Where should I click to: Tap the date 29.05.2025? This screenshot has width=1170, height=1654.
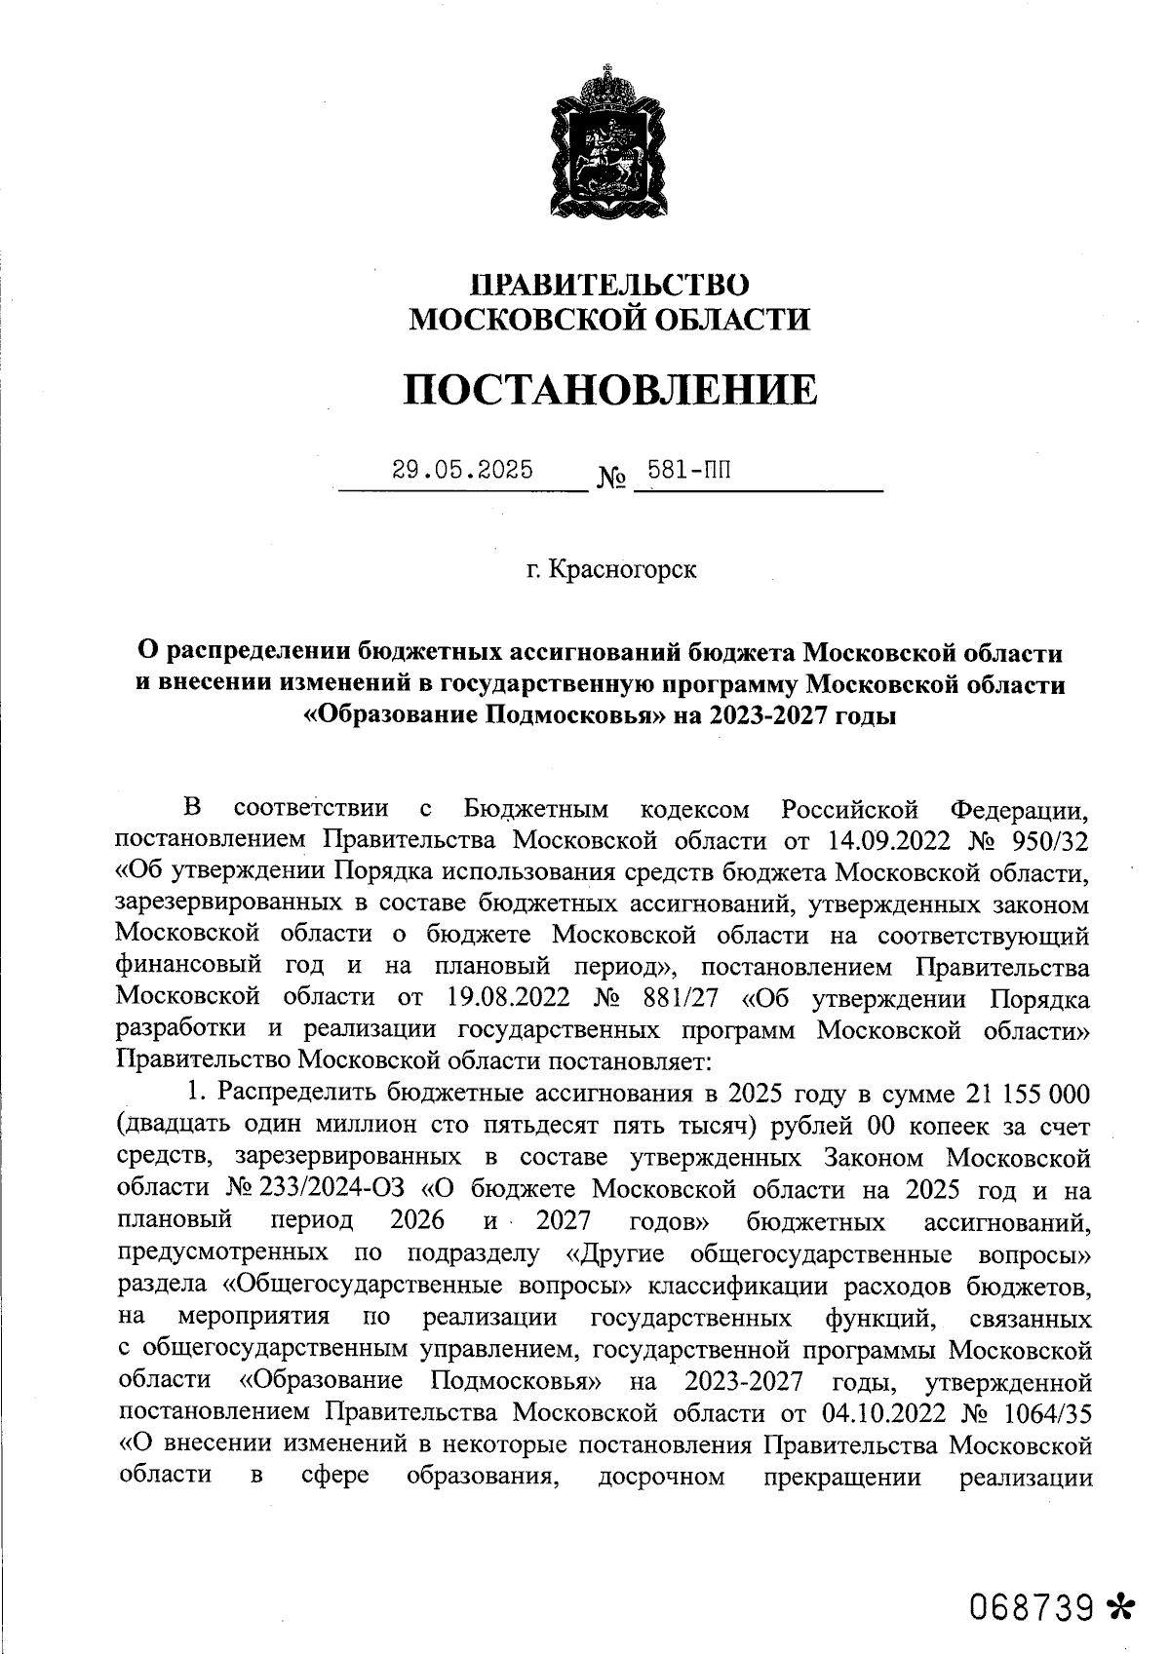coord(462,470)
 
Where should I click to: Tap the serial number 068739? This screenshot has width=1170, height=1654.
coord(1028,1604)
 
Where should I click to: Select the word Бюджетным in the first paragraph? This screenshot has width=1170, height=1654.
coord(536,808)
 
